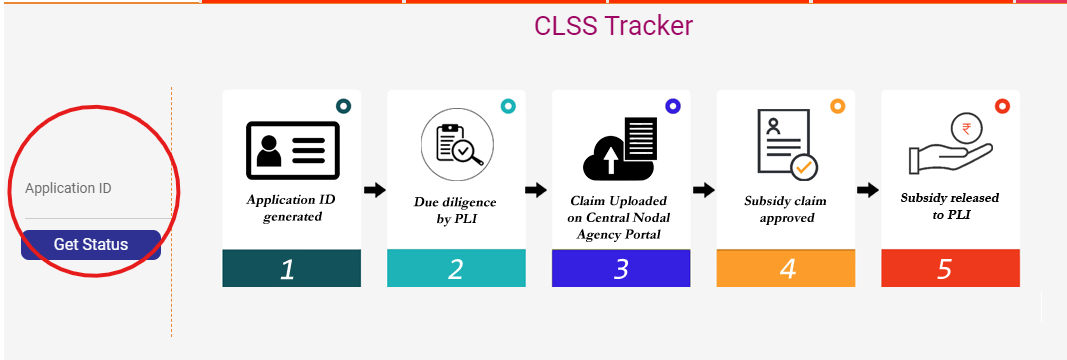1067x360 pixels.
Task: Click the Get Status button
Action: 91,245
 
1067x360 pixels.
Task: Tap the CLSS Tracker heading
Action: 613,26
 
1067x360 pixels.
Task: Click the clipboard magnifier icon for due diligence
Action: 455,144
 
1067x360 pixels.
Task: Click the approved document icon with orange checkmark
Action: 785,143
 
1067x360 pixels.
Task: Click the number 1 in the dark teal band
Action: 287,268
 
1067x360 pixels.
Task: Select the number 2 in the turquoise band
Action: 456,268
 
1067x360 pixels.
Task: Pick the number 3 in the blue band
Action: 621,268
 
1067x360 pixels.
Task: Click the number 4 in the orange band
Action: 786,268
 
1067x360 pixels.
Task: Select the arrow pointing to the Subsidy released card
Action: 867,190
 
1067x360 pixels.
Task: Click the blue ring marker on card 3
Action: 672,106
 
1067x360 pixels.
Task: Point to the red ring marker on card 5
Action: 1002,106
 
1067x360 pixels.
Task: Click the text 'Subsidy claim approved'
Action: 785,209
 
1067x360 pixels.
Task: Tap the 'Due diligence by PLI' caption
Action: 455,209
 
